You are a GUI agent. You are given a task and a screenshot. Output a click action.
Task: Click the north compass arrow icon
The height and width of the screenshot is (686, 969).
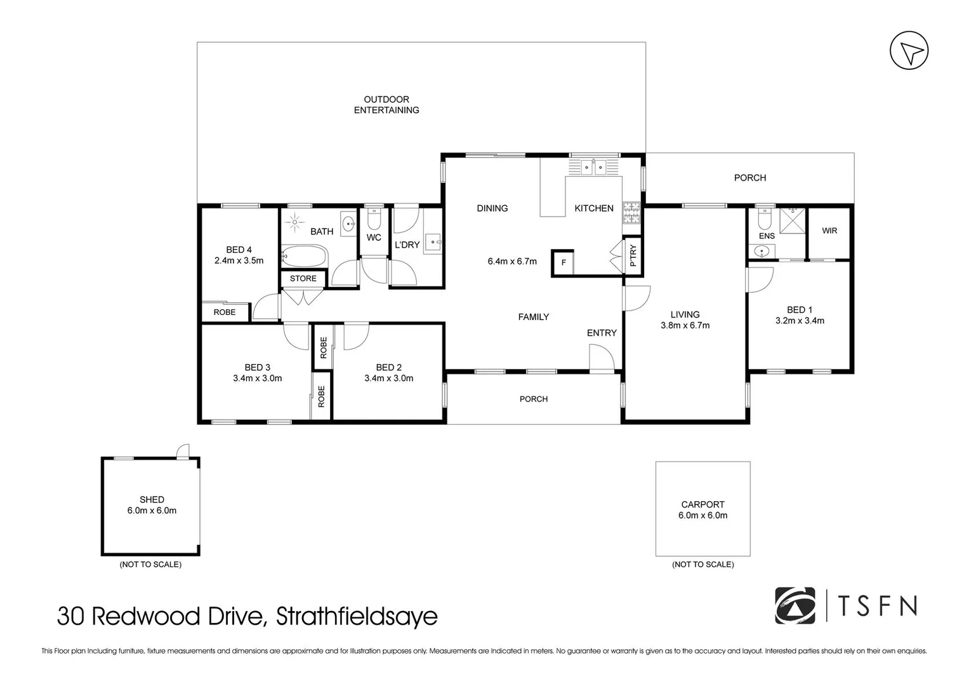coord(909,51)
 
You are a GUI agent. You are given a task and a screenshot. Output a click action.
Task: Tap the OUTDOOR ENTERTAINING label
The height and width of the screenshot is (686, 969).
coord(386,105)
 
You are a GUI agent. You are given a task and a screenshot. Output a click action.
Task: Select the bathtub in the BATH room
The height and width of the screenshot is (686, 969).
coord(304,257)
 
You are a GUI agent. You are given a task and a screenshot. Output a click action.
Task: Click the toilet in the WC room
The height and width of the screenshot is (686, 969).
coord(374,220)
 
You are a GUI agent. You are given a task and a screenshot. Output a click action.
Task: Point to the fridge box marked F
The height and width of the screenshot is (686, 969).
coord(563,262)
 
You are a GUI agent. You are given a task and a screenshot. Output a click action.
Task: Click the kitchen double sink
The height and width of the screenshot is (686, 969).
coord(595,167)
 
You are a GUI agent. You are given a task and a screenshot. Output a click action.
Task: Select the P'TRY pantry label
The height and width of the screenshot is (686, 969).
coord(633,257)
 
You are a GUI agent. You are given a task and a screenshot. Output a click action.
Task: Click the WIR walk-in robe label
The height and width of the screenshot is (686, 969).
coord(829,231)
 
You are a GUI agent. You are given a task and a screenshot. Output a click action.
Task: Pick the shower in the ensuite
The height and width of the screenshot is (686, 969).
coord(792,220)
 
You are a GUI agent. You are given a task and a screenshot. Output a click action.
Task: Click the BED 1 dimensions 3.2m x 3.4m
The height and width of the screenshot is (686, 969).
coord(800,321)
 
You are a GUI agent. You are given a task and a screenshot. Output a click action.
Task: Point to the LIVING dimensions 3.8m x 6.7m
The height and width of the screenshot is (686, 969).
coord(685,325)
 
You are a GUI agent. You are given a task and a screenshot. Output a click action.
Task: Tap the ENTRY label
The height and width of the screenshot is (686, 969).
coord(602,333)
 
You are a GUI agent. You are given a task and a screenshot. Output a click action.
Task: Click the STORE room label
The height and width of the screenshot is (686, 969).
coord(303,278)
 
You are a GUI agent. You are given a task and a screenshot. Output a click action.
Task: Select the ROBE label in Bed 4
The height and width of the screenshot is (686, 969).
coord(225,312)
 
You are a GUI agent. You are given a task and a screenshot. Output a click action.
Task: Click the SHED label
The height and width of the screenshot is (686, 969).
coord(152,499)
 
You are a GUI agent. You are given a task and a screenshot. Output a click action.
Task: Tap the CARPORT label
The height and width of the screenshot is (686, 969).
coord(702,504)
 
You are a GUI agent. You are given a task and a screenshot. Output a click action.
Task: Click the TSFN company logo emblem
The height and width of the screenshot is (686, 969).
coord(795,606)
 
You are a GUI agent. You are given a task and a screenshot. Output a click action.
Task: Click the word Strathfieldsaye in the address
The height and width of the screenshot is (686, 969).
coord(357,617)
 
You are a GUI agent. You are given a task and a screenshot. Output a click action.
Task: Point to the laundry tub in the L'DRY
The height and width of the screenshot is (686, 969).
coord(433,242)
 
